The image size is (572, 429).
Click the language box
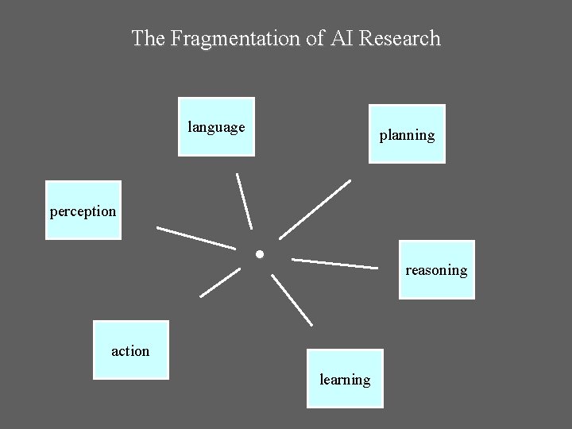point(217,126)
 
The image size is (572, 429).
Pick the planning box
point(407,133)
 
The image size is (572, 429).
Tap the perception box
point(83,211)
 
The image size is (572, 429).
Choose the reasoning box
point(436,269)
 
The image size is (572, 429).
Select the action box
point(131,350)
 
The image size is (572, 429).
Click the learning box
point(345,378)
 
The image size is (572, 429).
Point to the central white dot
point(259,255)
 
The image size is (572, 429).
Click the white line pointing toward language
point(245,200)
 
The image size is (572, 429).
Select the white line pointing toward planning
point(315,209)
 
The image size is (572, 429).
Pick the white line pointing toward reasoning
point(334,263)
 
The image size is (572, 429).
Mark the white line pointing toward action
point(220,282)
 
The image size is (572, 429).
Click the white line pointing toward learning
point(292,300)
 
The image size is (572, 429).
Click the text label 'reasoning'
point(436,270)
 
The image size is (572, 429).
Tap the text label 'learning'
point(345,380)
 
